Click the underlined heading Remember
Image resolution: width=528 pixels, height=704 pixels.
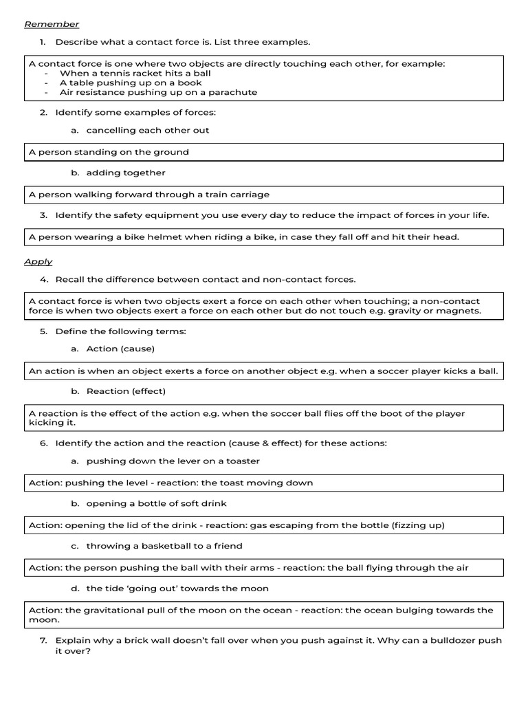(x=52, y=24)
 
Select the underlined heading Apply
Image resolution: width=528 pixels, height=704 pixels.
(x=38, y=262)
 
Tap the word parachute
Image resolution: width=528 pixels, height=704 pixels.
(x=234, y=92)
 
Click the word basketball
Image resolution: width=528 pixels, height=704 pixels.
(x=152, y=546)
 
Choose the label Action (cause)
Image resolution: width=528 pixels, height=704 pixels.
(x=120, y=349)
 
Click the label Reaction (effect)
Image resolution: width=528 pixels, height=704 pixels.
(x=126, y=391)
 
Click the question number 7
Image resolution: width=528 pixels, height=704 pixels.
(x=43, y=640)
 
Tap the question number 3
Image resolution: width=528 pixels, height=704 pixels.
(x=43, y=215)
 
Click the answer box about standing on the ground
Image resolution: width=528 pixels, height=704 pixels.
(x=264, y=152)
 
